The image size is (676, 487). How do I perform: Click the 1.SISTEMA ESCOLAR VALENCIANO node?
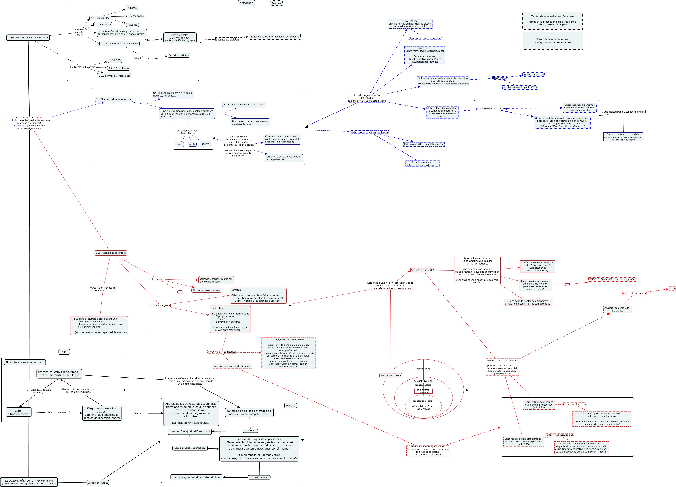[x=28, y=38]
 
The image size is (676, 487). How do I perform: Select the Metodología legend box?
[x=247, y=3]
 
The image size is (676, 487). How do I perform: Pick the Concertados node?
[x=137, y=16]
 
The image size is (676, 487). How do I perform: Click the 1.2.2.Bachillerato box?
[x=119, y=68]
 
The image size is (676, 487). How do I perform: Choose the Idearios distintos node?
[x=179, y=55]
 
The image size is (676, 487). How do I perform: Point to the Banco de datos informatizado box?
[x=275, y=37]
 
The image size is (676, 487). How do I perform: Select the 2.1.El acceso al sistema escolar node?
[x=114, y=99]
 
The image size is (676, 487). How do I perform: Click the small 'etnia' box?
[x=192, y=144]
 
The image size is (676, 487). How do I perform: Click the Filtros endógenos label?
[x=160, y=305]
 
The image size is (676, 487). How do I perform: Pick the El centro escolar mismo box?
[x=206, y=290]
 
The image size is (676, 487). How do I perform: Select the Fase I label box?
[x=64, y=352]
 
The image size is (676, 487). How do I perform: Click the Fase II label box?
[x=291, y=406]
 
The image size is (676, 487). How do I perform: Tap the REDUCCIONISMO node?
[x=391, y=375]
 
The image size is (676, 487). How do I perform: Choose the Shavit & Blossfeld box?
[x=534, y=75]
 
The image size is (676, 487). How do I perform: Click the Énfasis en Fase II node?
[x=98, y=483]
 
